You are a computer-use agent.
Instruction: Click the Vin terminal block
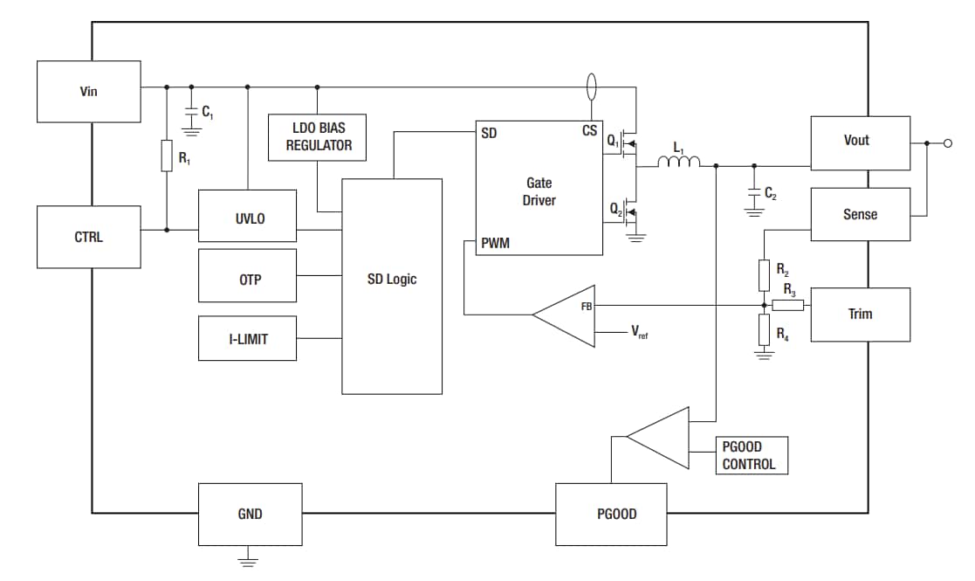click(88, 92)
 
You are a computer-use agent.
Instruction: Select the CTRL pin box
click(88, 237)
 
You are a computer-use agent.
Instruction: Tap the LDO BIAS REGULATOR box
click(319, 137)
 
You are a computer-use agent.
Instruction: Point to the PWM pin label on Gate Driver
click(495, 244)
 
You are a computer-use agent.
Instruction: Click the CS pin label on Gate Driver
click(589, 131)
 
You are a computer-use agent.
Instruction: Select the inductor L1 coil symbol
click(678, 162)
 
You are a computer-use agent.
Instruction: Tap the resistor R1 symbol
click(166, 158)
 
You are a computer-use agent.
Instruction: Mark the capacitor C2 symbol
click(753, 193)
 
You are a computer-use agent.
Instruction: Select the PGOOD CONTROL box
click(751, 455)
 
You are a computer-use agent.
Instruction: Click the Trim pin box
click(860, 315)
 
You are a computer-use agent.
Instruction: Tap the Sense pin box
click(860, 214)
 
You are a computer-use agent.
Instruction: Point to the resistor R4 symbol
click(764, 330)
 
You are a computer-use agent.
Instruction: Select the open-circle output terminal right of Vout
click(948, 143)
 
